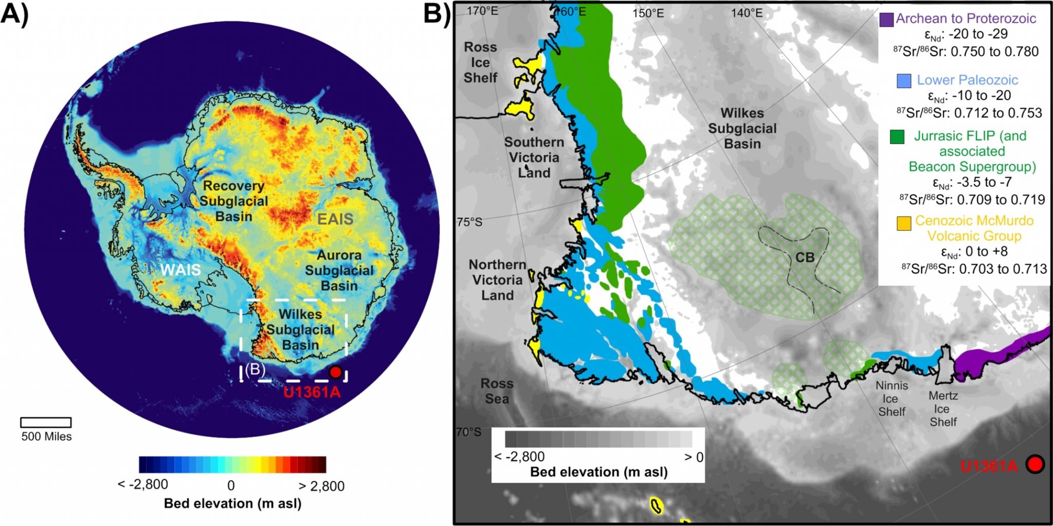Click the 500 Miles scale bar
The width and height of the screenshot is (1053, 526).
tap(46, 423)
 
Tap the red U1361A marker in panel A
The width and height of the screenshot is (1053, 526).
tap(335, 372)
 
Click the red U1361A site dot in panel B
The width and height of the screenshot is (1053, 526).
tap(1034, 464)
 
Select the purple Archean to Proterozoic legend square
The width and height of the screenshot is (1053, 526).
tap(886, 20)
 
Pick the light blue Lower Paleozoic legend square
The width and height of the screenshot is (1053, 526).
tap(903, 81)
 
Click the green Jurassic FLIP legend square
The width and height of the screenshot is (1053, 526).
tap(897, 136)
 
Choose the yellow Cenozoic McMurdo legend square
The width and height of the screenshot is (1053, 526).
tap(903, 223)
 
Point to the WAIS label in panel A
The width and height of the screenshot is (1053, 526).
tap(180, 270)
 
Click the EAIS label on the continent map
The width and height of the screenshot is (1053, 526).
tap(335, 219)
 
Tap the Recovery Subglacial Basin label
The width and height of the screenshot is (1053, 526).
tap(234, 201)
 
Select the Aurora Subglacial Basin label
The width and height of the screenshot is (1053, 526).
tap(339, 270)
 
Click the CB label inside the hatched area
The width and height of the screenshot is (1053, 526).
tap(805, 257)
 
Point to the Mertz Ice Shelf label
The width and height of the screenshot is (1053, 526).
tap(943, 409)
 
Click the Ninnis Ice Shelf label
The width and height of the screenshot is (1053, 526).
tap(892, 398)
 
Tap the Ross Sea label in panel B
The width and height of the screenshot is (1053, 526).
tap(497, 391)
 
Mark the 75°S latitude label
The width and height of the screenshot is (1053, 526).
tap(469, 222)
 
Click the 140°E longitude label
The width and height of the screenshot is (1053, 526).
tap(747, 12)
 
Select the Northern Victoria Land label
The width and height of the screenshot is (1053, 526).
tap(497, 280)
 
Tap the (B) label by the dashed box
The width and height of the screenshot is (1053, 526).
tap(255, 370)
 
